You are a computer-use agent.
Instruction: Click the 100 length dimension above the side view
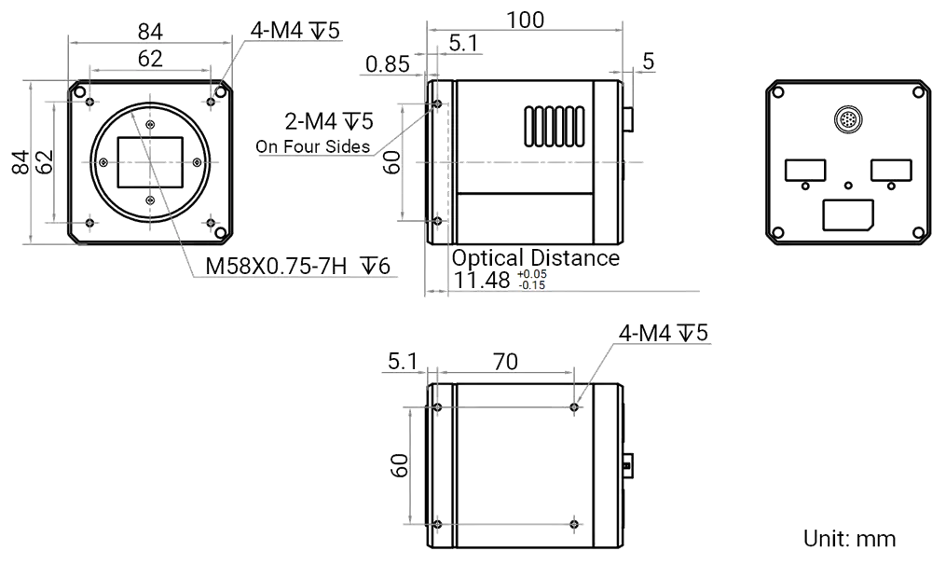point(525,19)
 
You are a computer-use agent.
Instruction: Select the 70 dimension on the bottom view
point(506,362)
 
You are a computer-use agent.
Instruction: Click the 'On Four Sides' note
point(312,147)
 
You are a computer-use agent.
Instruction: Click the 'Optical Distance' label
point(535,258)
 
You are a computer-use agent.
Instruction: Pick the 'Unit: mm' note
point(849,539)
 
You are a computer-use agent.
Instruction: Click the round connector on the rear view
point(846,120)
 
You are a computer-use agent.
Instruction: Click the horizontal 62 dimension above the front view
point(150,58)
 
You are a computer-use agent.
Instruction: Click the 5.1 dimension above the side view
point(463,43)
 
